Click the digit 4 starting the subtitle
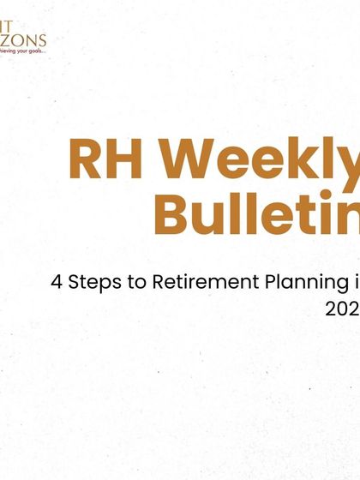coord(56,282)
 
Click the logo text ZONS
coord(26,39)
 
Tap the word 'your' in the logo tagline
coord(22,51)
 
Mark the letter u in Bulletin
coord(210,214)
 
